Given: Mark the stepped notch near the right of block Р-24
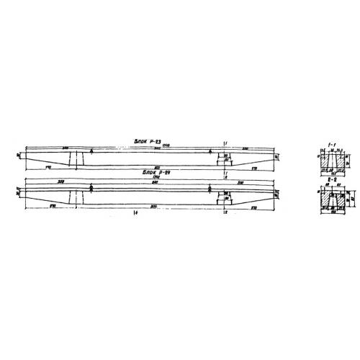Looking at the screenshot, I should pos(223,196).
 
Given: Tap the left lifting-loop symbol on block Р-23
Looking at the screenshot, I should pos(92,152).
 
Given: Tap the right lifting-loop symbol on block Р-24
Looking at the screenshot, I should pos(210,189).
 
